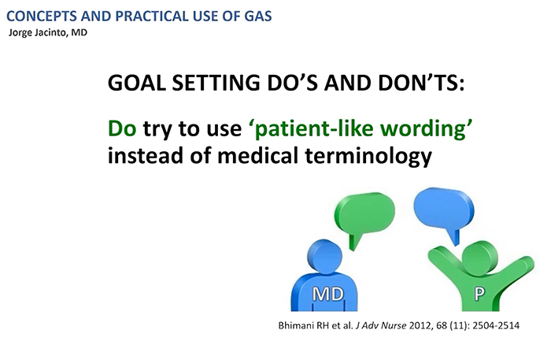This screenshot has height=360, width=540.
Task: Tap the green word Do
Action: tap(123, 129)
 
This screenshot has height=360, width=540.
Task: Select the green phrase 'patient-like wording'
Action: tap(331, 129)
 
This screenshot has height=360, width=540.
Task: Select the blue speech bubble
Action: tap(443, 206)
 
